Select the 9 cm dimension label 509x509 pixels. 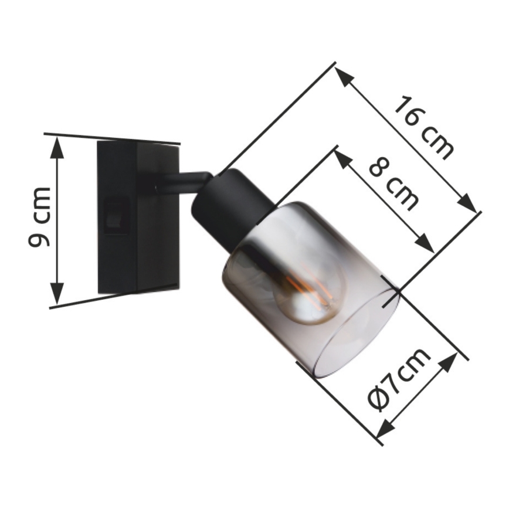tap(40, 216)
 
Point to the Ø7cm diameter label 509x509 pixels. tap(399, 379)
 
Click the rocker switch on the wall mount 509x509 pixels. tap(117, 215)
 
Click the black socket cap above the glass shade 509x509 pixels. tap(232, 205)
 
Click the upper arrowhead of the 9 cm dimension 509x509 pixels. tap(57, 148)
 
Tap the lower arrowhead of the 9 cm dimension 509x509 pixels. tap(57, 293)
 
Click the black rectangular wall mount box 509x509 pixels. tap(138, 217)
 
